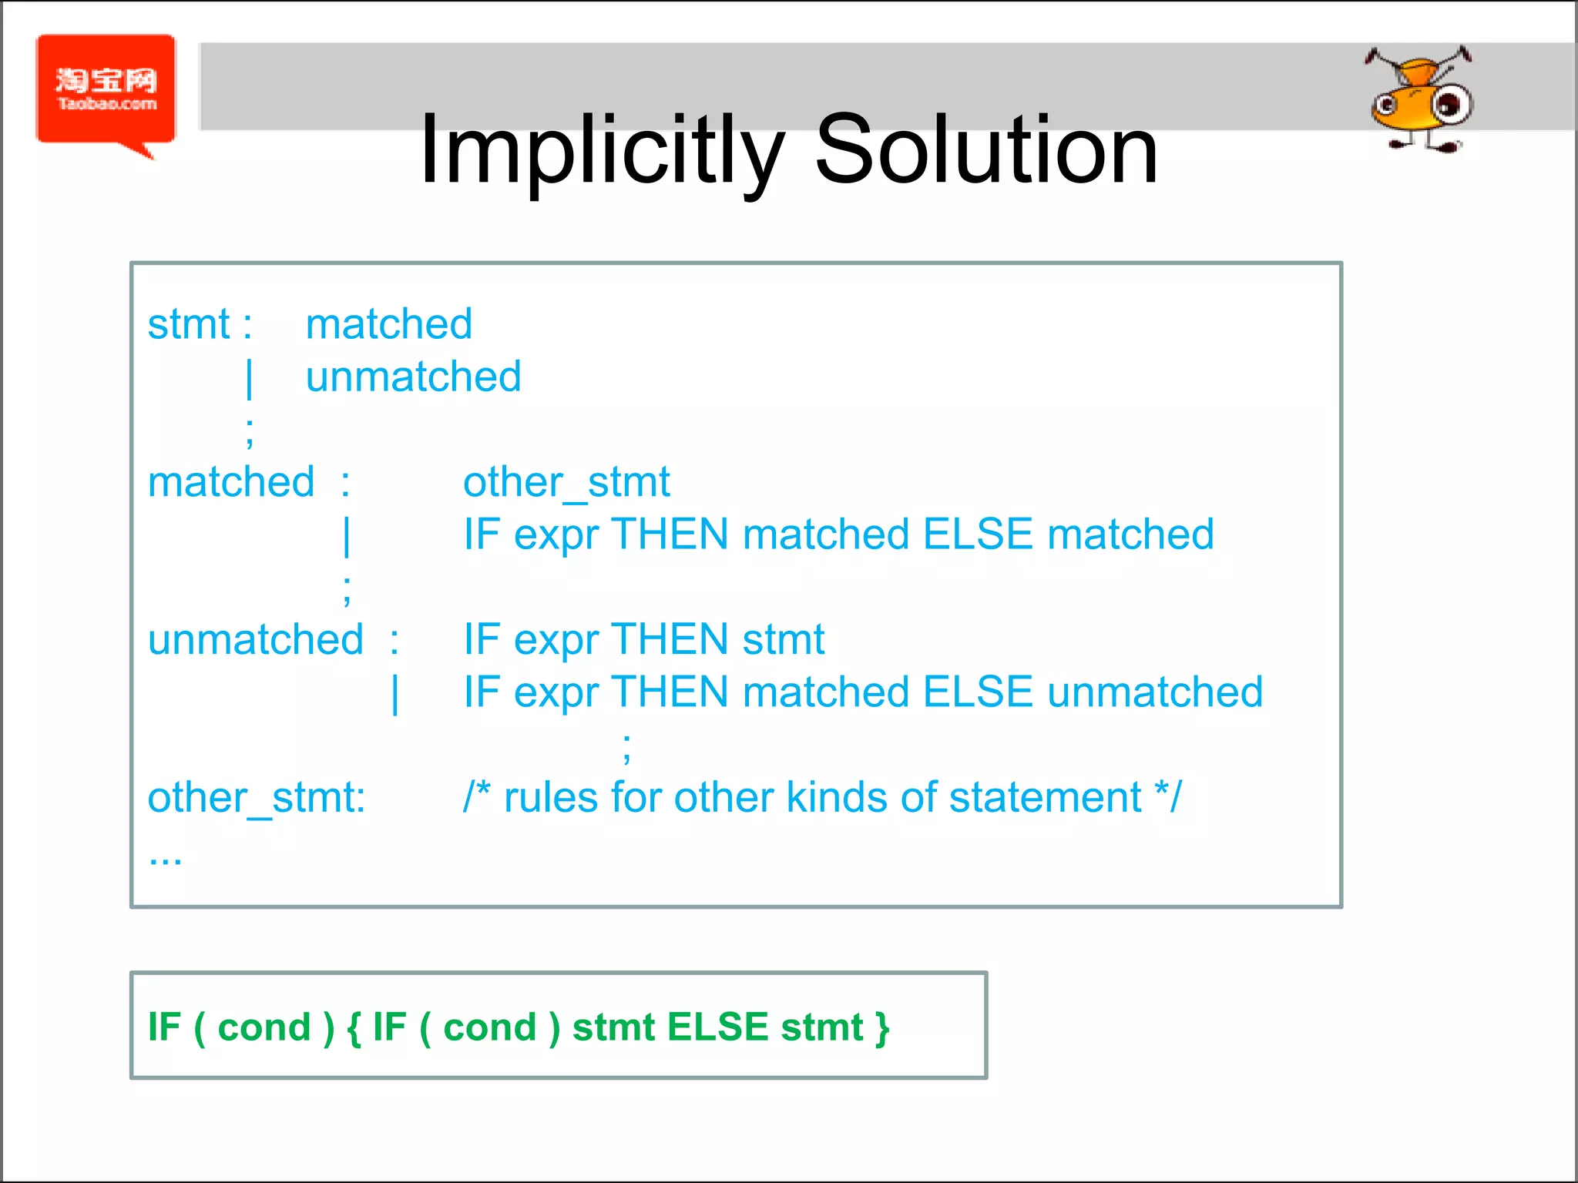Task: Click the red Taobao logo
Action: point(106,90)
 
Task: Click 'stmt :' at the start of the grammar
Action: point(199,324)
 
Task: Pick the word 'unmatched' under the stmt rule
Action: point(413,377)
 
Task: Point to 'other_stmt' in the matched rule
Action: point(566,483)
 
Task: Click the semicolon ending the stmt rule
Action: point(249,433)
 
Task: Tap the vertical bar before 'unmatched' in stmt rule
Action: point(249,379)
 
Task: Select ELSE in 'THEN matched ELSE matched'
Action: point(977,535)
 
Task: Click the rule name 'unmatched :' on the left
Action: point(273,640)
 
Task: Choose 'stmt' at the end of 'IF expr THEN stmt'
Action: point(783,640)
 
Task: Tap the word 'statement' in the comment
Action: point(1045,798)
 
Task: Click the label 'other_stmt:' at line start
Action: point(256,798)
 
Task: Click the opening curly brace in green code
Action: point(354,1027)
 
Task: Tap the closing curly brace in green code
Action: point(882,1027)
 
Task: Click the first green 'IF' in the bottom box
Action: point(164,1027)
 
